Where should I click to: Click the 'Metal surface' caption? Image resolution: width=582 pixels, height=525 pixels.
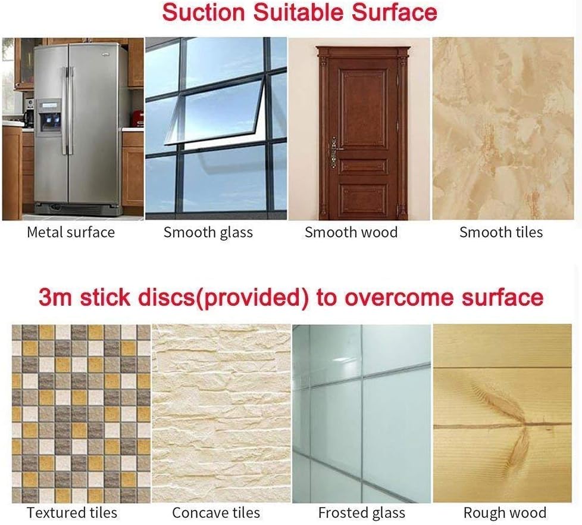coord(71,232)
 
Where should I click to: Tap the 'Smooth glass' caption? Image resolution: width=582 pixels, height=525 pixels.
coord(208,233)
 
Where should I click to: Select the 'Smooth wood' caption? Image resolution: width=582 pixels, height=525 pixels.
coord(351,232)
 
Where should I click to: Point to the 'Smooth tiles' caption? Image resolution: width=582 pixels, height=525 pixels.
coord(501,232)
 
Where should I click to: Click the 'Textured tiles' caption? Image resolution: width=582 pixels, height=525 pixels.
coord(72,512)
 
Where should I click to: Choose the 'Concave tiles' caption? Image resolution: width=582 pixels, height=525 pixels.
coord(216,512)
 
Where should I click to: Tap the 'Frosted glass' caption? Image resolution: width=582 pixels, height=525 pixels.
coord(362,513)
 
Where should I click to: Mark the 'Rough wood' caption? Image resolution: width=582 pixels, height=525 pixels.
coord(505,513)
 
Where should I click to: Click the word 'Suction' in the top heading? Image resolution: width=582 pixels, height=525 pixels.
coord(204,12)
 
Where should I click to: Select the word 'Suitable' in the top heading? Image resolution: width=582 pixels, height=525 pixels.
coord(299,12)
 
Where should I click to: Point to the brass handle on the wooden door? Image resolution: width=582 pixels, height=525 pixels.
coord(334,152)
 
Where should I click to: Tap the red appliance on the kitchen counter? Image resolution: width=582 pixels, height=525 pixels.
coord(137,118)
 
